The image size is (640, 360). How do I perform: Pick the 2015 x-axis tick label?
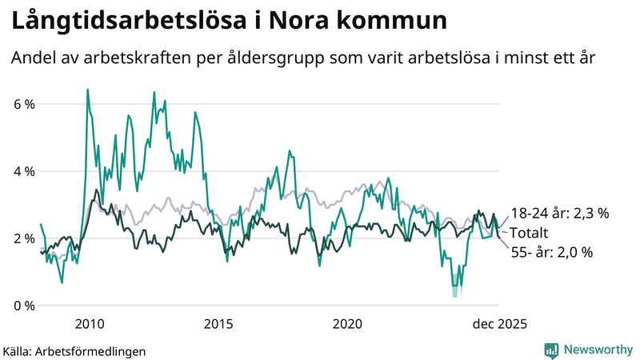click(218, 324)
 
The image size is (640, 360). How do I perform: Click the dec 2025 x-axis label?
click(498, 324)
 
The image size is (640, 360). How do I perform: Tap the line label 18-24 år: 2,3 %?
click(560, 214)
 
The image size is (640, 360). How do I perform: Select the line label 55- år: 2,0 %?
click(552, 252)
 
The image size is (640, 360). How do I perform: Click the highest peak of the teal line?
click(87, 90)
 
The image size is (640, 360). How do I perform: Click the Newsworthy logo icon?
click(551, 350)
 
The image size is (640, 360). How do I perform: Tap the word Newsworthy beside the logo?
click(597, 350)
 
